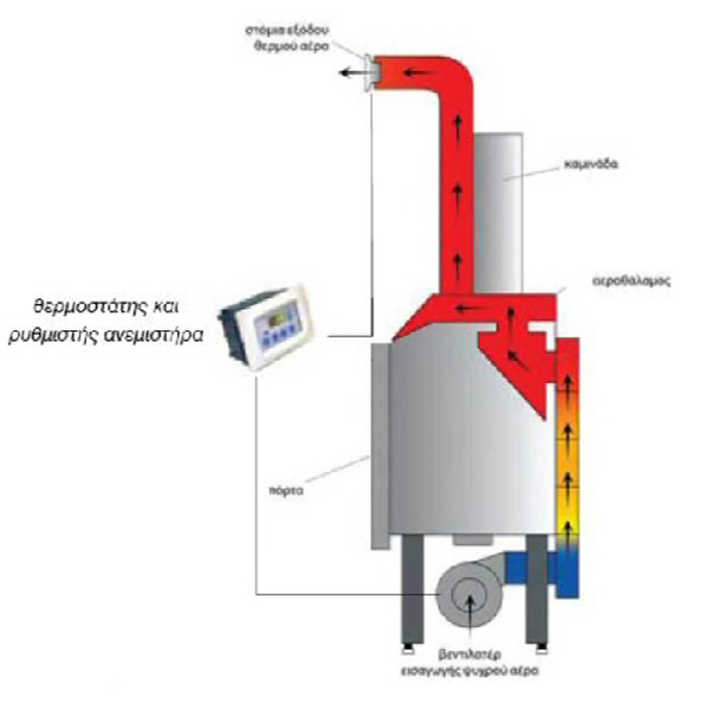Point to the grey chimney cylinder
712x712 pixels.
pyautogui.click(x=498, y=214)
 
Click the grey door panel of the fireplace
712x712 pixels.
pyautogui.click(x=379, y=445)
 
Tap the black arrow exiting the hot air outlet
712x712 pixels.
pyautogui.click(x=352, y=73)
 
